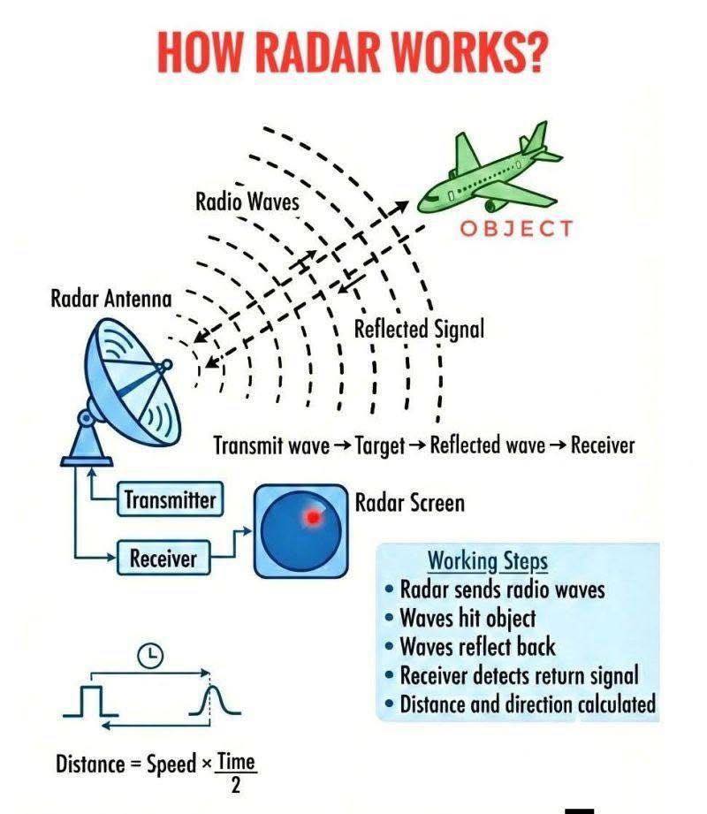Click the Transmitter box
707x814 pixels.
(x=171, y=499)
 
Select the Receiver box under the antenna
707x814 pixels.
(x=163, y=558)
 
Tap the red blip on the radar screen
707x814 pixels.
(x=313, y=517)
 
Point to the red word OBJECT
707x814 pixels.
(x=516, y=228)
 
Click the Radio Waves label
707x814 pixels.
(x=247, y=202)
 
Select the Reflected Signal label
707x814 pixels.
(x=419, y=329)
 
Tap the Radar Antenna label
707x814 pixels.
(x=111, y=299)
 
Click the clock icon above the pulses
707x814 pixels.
(x=150, y=656)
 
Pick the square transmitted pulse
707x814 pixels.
(x=91, y=701)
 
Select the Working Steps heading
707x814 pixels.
(x=488, y=561)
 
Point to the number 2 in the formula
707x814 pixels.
(x=236, y=786)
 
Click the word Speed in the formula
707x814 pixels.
(x=171, y=764)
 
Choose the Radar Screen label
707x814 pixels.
(x=409, y=503)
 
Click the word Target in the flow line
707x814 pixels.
(x=380, y=446)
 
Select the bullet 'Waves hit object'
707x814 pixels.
(x=460, y=618)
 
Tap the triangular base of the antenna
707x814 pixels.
(x=87, y=441)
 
